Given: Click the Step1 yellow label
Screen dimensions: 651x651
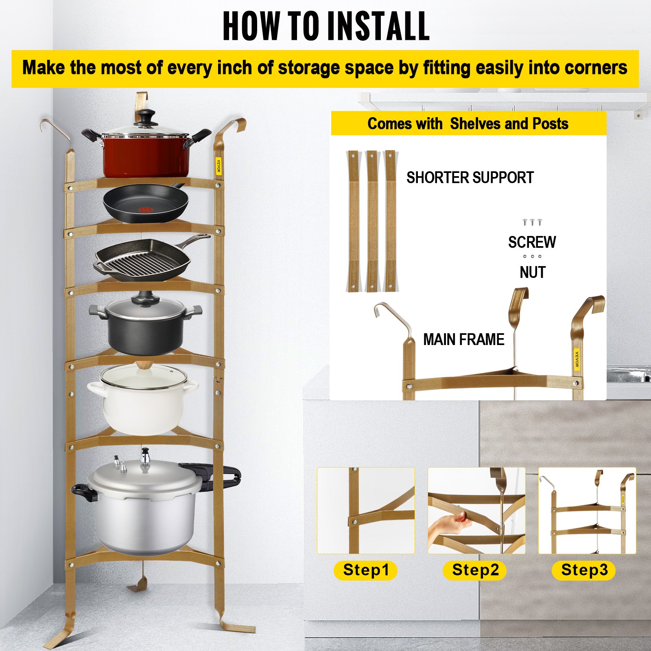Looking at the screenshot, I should point(365,570).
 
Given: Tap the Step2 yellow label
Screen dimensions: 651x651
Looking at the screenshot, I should point(474,570).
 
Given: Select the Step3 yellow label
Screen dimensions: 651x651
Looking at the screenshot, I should point(583,570).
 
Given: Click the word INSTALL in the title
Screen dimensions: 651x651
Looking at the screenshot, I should point(378,26).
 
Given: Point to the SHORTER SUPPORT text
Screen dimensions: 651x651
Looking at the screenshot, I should point(470,178).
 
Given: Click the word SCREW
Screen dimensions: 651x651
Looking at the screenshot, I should point(532,242).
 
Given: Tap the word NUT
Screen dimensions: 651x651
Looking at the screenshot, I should point(532,273).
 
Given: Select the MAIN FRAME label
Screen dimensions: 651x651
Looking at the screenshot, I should point(463,339).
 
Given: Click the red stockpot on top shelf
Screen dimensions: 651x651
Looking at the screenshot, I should point(146,157).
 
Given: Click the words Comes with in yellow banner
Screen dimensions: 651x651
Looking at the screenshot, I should point(404,124).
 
